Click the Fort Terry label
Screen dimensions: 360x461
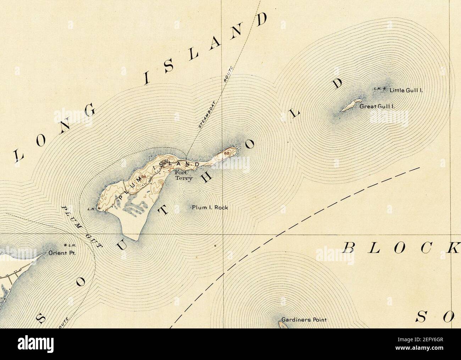pyautogui.click(x=184, y=176)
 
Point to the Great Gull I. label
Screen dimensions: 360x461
pyautogui.click(x=377, y=106)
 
